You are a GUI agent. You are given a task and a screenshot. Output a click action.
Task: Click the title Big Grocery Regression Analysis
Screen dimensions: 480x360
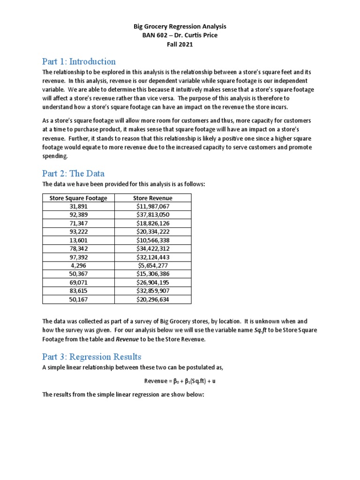tap(180, 27)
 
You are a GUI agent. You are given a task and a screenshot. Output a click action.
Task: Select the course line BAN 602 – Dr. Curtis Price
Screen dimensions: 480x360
tap(180, 36)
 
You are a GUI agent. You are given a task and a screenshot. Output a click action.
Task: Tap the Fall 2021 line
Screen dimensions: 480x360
tap(180, 45)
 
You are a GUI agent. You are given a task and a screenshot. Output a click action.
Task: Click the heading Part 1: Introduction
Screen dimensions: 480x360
tap(79, 61)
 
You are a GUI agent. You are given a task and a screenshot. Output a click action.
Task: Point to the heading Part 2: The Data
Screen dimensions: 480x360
tap(73, 173)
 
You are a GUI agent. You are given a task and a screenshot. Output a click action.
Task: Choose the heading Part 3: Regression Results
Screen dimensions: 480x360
tap(91, 357)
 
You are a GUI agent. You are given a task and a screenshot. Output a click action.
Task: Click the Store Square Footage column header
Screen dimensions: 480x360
tap(78, 198)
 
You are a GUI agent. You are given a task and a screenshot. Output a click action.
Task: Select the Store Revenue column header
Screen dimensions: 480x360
tap(152, 198)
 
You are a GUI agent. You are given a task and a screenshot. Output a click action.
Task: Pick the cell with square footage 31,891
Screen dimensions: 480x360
tap(78, 206)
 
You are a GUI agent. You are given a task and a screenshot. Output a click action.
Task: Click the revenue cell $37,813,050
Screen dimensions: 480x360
tap(152, 215)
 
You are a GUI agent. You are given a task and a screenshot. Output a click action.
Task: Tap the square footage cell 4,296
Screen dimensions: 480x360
tap(78, 265)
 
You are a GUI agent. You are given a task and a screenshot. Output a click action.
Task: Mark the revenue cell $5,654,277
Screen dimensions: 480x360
tap(152, 265)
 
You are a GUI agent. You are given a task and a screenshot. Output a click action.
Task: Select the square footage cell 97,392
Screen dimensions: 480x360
tap(78, 257)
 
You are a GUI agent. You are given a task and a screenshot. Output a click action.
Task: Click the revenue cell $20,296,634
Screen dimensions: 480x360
tap(152, 299)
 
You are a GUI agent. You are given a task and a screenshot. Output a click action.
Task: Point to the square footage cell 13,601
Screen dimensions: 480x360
tap(78, 240)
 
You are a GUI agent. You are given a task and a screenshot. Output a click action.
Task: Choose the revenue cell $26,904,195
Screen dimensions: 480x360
tap(152, 282)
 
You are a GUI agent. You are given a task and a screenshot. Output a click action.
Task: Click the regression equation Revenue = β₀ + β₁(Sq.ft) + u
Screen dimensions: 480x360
tap(180, 381)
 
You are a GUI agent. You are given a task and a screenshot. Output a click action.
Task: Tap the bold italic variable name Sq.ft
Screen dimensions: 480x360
tap(261, 330)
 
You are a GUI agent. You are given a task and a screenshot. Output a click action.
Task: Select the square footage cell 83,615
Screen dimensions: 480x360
tap(78, 291)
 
